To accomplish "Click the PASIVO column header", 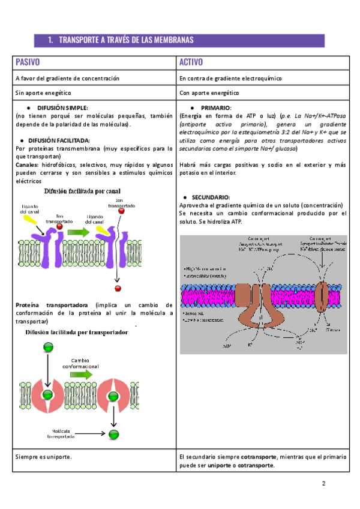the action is (x=28, y=62).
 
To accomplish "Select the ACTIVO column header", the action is (x=191, y=62).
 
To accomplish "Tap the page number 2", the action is (x=323, y=484).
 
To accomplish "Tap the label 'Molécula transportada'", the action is (x=62, y=434).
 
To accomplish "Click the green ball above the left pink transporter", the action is (x=47, y=348).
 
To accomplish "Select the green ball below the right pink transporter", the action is (x=113, y=433).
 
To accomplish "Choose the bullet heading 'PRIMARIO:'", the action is (x=215, y=107).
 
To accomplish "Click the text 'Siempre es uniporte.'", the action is (x=44, y=457).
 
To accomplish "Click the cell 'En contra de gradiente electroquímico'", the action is (x=230, y=79).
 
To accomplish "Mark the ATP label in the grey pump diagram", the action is (x=226, y=347).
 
